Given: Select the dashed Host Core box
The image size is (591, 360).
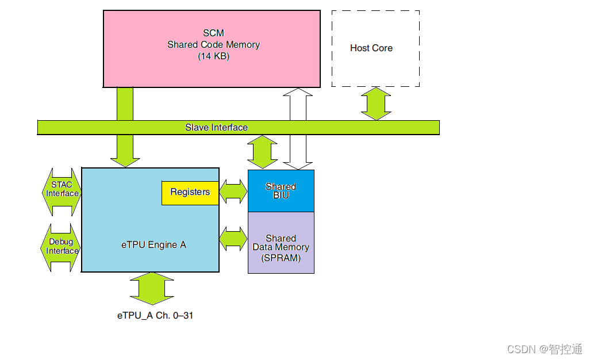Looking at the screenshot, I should coord(375,48).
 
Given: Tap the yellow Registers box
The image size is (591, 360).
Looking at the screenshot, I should coord(190,192).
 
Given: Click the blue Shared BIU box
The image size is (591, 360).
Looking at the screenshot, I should coord(281,191).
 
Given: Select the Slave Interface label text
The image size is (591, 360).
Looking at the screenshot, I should coord(216,127).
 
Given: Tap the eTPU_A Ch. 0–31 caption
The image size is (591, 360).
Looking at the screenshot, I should coord(155,316).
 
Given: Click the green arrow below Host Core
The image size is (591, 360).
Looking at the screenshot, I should coord(376,103).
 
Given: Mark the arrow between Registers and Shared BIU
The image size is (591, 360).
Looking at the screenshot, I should coord(233,192).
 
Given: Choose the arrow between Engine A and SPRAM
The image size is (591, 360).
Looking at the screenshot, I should coord(233,238).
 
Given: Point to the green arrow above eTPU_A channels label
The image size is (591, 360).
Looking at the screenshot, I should coord(152,288).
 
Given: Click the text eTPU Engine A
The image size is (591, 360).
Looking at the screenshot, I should coord(153,244).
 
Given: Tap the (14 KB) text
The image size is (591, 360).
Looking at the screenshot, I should coord(213,56).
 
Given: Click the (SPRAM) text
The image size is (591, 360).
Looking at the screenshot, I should coord(281,258).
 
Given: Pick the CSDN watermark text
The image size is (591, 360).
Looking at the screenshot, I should coord(544,348).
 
